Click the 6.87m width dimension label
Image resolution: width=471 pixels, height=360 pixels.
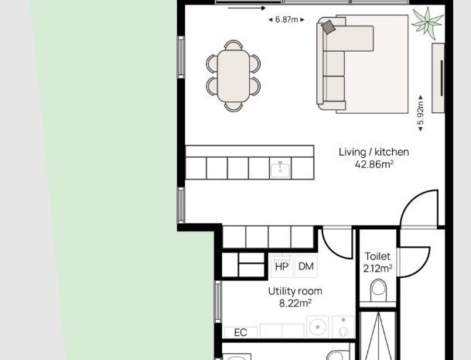coord(287,20)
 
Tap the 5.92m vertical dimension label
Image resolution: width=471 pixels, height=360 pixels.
coord(421,113)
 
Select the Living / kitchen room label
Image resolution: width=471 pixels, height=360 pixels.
coord(374,152)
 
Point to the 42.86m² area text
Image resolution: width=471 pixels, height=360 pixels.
coord(374,164)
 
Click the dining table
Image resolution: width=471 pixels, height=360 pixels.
coord(234,76)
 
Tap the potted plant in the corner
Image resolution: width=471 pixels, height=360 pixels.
coord(427,23)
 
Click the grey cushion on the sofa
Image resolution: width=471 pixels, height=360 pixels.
coord(329,27)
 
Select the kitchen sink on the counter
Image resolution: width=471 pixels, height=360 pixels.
coord(280,169)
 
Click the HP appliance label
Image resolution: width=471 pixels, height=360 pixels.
coord(282,266)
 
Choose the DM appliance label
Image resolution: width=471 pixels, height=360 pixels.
coord(306,266)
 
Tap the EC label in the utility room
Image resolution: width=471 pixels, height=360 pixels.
coord(241,333)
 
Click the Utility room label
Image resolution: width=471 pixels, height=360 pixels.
coord(295,291)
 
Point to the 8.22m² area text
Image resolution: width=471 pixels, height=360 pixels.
coord(295,303)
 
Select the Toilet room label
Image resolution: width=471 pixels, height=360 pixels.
coord(377,256)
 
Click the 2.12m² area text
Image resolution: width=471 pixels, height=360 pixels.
coord(377,268)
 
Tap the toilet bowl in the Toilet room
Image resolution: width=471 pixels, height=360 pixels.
coord(378,290)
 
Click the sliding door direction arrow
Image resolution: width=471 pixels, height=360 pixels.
coord(247,8)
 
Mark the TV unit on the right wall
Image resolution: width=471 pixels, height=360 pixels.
coord(438,78)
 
